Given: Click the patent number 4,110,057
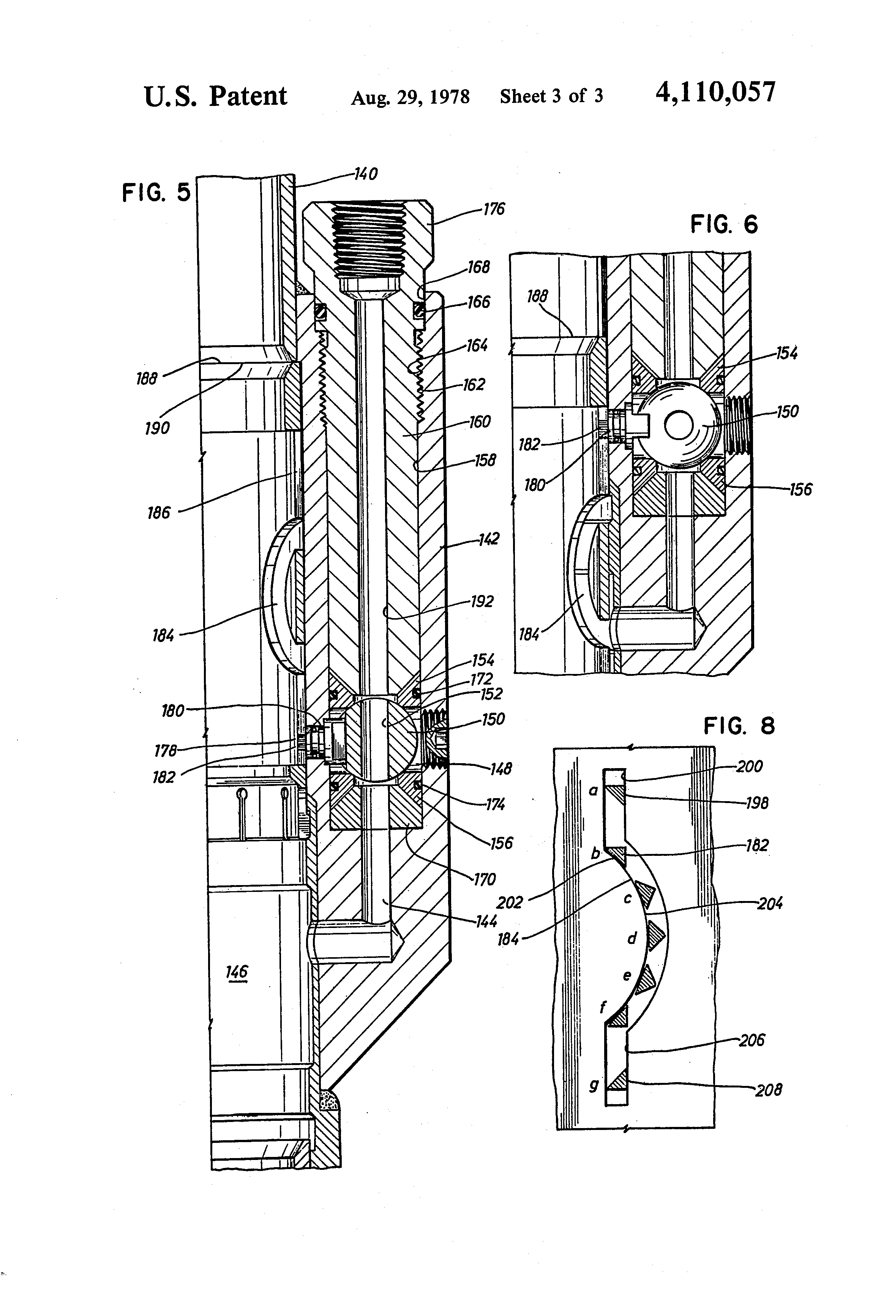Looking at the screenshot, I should [x=715, y=92].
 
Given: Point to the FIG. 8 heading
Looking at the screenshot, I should [x=739, y=726].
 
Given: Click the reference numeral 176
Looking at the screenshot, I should [x=493, y=209].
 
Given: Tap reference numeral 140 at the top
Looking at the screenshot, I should [x=366, y=174].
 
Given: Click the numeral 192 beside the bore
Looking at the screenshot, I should [x=482, y=601].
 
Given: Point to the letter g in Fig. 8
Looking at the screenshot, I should [x=594, y=1085].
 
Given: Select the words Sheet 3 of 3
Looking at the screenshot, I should [x=551, y=96].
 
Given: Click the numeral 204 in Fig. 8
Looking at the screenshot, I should [x=770, y=903].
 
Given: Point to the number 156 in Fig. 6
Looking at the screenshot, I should [x=800, y=489].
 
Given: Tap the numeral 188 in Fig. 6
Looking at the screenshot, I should [x=537, y=296].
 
